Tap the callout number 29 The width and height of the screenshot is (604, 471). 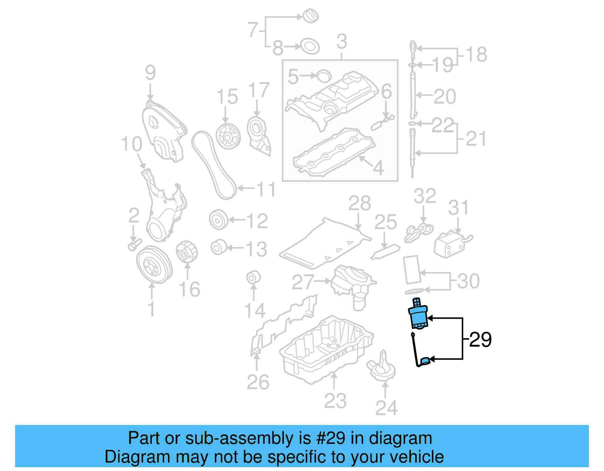(480, 340)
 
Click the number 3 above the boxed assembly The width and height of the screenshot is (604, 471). (341, 41)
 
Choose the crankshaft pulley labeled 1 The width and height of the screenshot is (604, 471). (154, 265)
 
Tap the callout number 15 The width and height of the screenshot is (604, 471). (227, 97)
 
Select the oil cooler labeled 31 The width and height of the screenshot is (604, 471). (450, 244)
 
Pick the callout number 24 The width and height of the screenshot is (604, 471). (386, 408)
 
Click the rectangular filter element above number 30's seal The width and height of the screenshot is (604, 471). (412, 269)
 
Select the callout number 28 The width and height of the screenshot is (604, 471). (359, 204)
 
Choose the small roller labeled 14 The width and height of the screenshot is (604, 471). (253, 278)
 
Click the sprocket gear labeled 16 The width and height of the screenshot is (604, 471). (186, 252)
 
